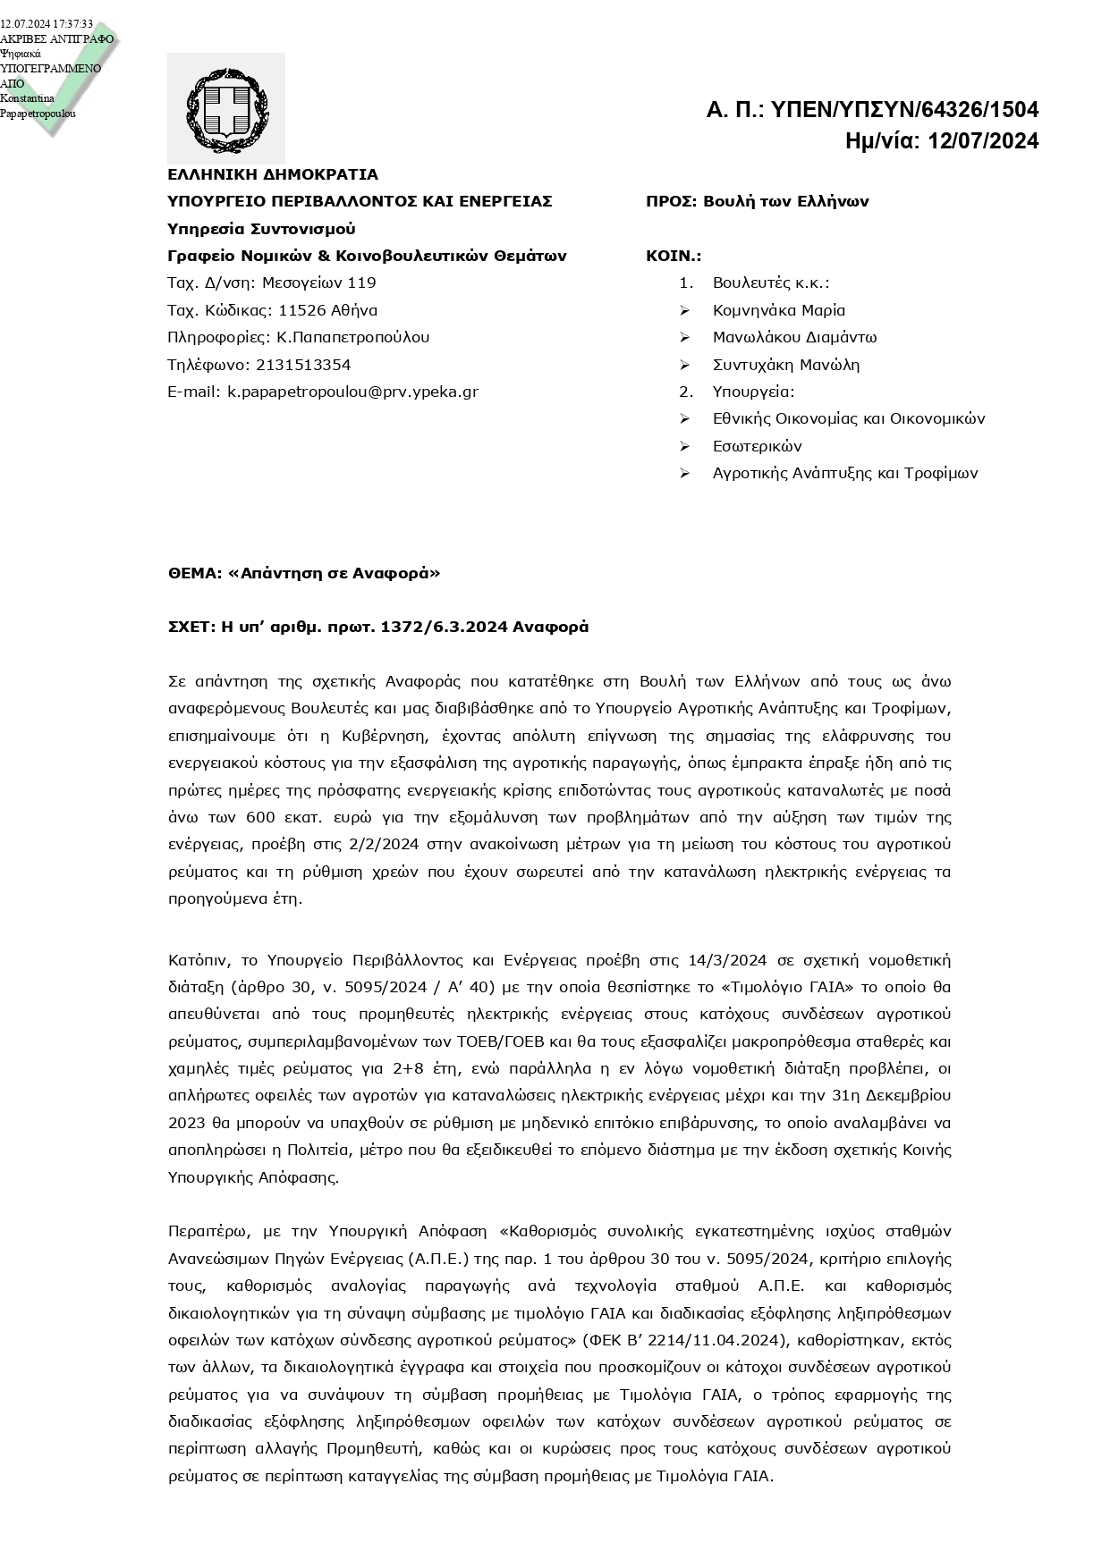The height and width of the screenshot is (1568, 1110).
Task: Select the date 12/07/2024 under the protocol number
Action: point(983,141)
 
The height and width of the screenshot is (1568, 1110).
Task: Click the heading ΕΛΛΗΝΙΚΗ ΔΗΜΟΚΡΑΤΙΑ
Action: point(273,174)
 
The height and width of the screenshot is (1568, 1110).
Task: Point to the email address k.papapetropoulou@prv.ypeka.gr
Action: point(352,392)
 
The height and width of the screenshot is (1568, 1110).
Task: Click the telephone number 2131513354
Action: point(303,365)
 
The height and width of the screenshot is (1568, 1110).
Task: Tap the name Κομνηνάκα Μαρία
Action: point(778,310)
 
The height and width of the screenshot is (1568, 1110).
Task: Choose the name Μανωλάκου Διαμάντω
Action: point(794,337)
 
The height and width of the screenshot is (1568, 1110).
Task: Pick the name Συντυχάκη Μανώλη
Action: point(785,365)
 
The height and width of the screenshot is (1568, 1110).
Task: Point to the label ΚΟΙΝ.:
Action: point(674,256)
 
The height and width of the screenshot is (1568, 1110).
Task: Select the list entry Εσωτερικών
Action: point(757,446)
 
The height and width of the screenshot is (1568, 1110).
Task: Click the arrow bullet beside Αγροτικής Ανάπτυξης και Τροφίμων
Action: point(685,473)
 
